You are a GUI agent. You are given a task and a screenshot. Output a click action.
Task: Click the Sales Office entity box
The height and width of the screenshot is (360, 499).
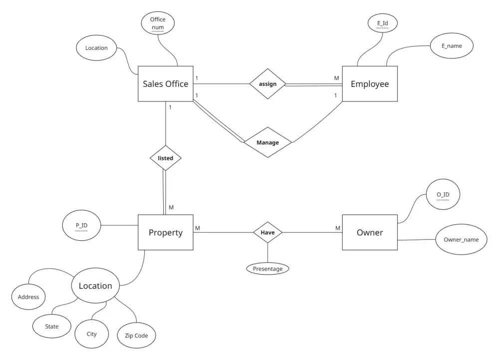point(165,84)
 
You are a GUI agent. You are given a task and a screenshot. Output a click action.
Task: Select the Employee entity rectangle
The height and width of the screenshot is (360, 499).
point(370,84)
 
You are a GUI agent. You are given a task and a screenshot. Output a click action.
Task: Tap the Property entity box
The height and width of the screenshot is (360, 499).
point(165,232)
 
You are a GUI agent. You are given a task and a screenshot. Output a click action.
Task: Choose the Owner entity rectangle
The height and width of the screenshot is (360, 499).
point(370,232)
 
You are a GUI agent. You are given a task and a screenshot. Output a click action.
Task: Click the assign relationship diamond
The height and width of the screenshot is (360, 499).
point(267,84)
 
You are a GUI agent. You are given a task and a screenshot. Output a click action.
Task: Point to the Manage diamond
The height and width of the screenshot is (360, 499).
point(267,142)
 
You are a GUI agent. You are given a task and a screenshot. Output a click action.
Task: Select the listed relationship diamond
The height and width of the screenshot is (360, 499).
point(165,158)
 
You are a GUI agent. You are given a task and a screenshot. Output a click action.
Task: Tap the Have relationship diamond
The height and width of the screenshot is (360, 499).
point(267,232)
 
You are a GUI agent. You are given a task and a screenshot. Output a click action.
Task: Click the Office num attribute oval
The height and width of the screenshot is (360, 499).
point(158,23)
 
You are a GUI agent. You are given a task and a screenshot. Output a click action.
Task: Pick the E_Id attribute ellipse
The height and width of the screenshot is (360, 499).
point(383,23)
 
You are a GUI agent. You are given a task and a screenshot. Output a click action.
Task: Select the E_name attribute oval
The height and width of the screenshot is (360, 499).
point(452,46)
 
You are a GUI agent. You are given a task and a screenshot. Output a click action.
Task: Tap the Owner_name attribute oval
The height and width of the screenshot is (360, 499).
point(461,240)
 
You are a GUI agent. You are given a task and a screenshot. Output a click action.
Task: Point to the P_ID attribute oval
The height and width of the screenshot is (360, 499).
point(81,226)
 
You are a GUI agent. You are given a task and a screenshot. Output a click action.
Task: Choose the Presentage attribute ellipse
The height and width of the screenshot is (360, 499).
point(267,269)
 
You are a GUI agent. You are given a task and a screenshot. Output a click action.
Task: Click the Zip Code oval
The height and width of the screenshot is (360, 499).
point(136,336)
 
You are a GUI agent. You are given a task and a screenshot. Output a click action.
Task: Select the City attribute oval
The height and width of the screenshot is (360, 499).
point(92,334)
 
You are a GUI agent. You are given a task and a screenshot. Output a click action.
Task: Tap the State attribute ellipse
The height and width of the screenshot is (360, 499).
point(51,327)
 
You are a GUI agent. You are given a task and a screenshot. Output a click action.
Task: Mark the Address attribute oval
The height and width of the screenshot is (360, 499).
point(28,297)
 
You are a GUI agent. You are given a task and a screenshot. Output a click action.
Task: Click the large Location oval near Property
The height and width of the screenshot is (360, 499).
point(95,286)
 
